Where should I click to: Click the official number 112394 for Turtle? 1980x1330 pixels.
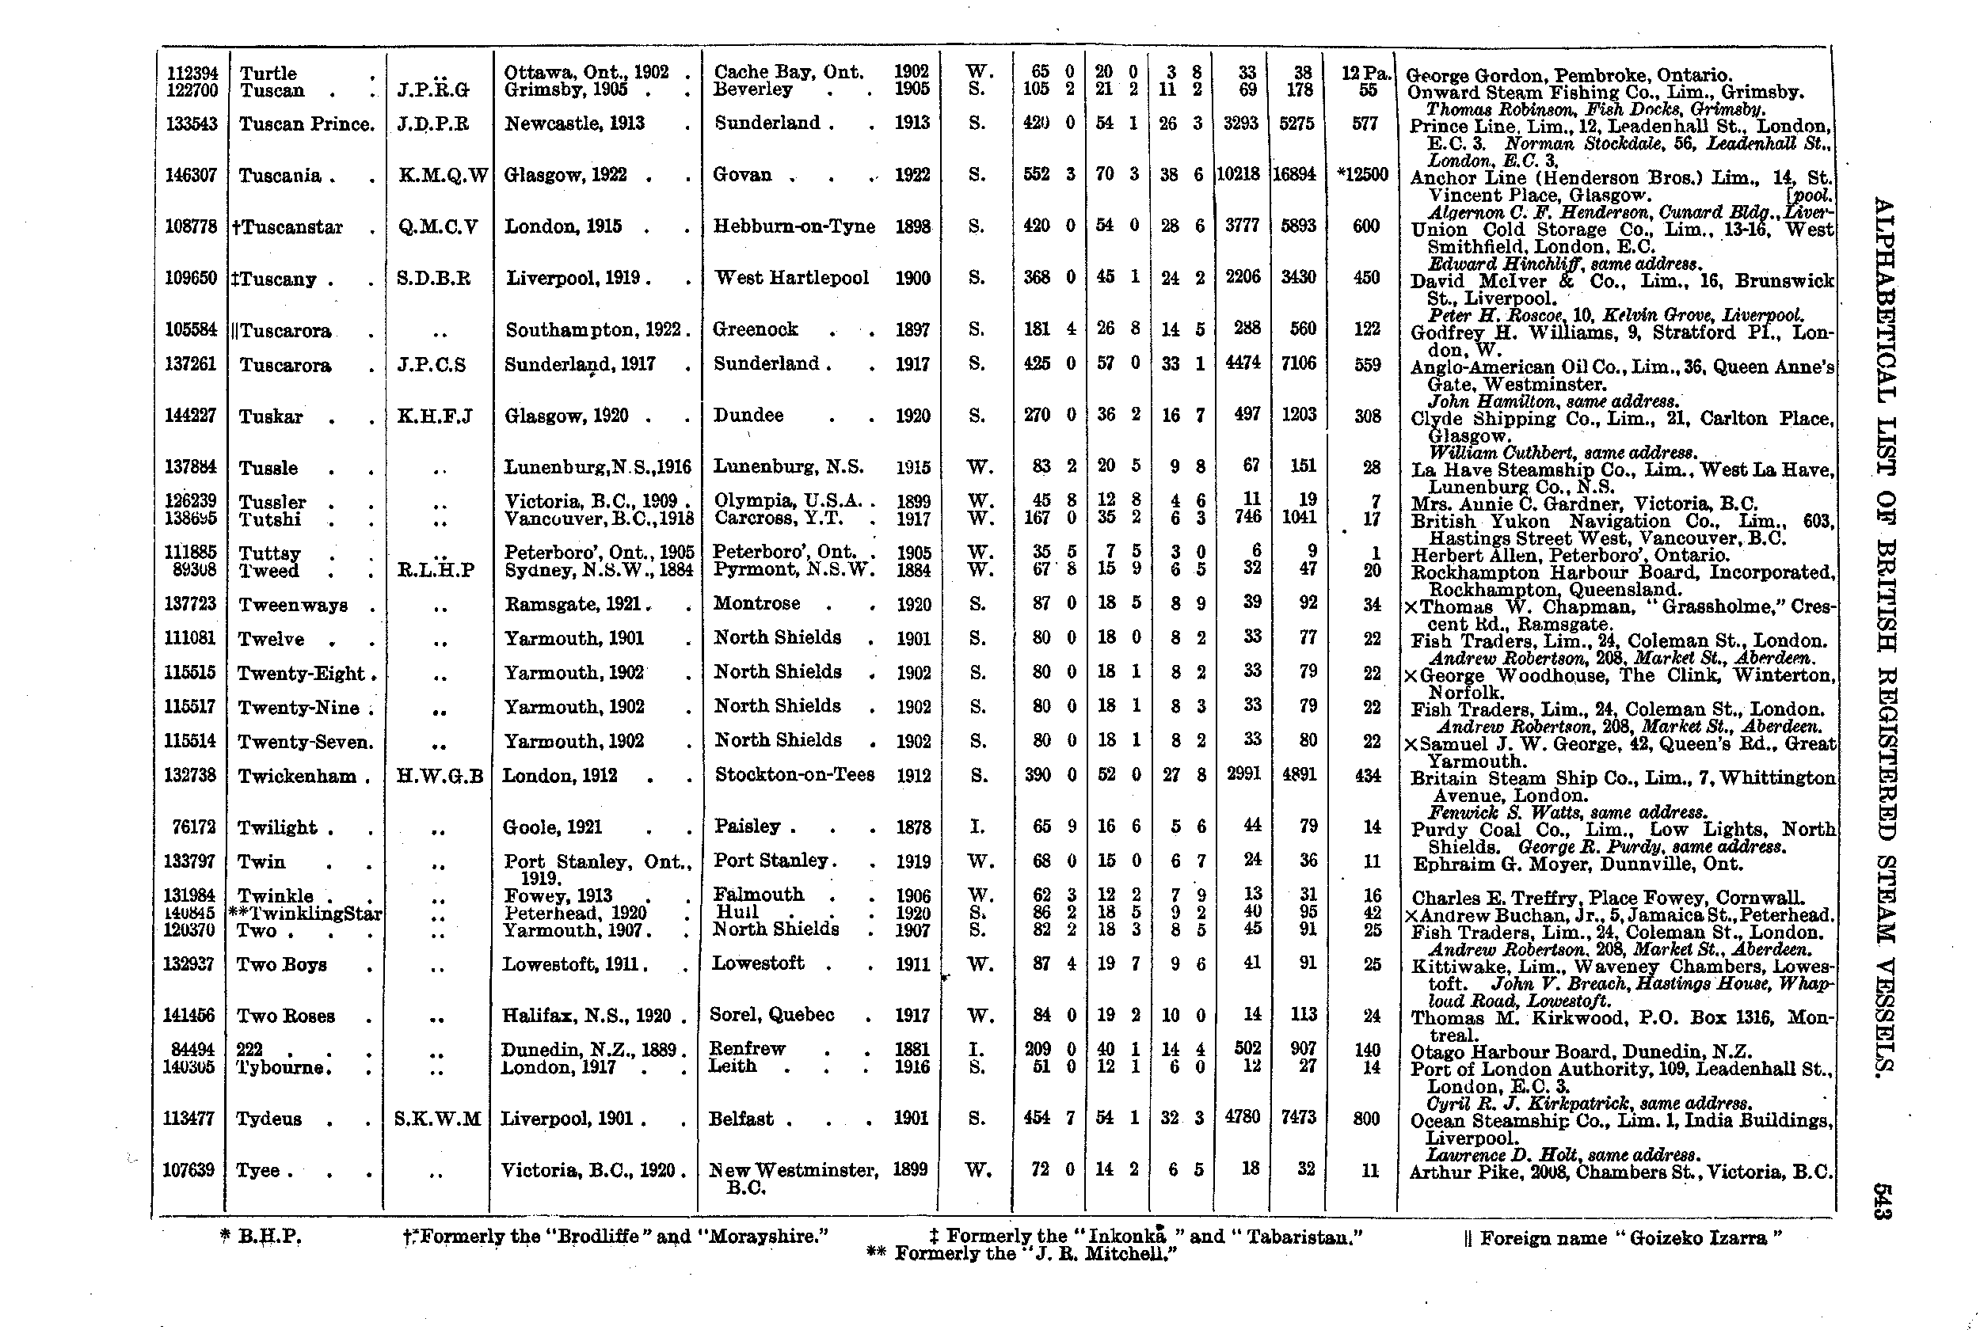tap(192, 74)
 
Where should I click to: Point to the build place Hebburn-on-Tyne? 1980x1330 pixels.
tap(794, 226)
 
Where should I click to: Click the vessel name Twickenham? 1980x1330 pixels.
tap(297, 777)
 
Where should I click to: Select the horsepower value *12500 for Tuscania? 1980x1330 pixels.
tap(1362, 176)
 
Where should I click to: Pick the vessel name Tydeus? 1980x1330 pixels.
tap(270, 1119)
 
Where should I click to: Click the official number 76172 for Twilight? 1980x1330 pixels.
tap(192, 828)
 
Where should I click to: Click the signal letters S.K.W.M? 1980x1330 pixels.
tap(438, 1119)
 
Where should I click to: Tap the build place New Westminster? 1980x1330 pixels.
tap(793, 1172)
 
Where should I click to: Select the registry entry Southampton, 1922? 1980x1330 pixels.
tap(594, 330)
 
